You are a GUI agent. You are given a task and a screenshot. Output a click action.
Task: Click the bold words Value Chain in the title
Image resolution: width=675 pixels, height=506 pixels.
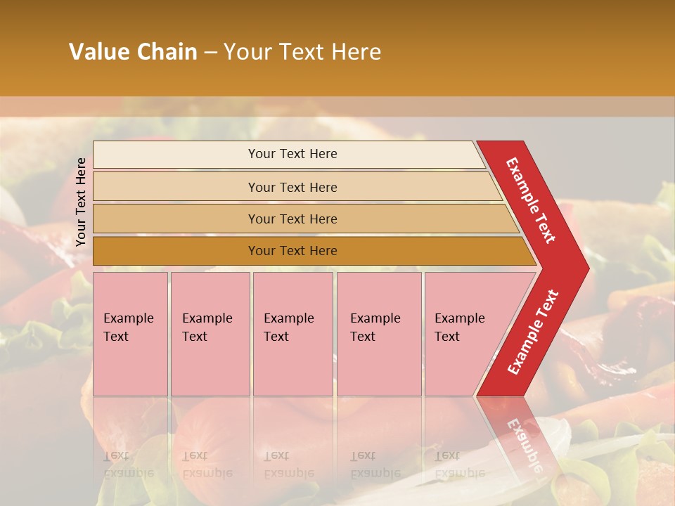(133, 52)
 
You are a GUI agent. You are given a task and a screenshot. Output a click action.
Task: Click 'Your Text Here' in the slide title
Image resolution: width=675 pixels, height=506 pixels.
(302, 52)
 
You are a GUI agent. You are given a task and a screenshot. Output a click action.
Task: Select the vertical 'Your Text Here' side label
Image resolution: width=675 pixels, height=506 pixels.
(81, 202)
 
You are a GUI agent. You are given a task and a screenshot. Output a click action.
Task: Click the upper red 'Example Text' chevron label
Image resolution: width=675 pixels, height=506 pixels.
(532, 200)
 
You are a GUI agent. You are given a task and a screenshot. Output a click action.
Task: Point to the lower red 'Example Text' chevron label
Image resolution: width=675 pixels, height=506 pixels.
(533, 332)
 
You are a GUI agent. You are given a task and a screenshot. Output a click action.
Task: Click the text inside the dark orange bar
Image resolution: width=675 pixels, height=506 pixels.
(292, 251)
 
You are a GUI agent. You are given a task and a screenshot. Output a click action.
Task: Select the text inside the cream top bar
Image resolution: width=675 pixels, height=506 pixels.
(292, 154)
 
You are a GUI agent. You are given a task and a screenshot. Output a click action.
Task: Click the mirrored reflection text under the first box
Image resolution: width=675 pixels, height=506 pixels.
(128, 465)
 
